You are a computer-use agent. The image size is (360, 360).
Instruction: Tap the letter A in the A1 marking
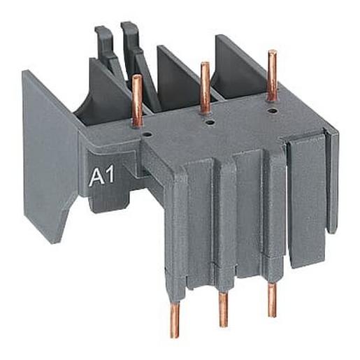pos(95,178)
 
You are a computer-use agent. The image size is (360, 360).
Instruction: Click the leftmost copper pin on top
pos(138,100)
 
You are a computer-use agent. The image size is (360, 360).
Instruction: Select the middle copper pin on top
pos(205,88)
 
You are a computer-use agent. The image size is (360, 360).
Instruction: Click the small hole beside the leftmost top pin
pos(146,129)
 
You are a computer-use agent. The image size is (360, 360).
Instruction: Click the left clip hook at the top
pos(103,43)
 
